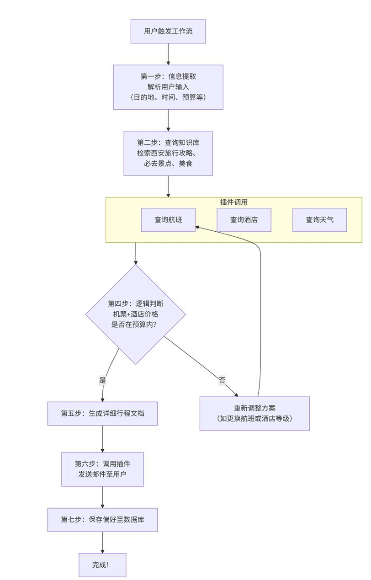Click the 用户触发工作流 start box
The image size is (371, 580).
[x=168, y=32]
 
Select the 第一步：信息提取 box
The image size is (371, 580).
[x=168, y=87]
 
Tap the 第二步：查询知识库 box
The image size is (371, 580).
[x=168, y=153]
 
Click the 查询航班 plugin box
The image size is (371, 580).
[x=168, y=220]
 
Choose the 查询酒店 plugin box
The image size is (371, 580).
[x=244, y=220]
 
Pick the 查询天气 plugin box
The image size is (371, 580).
[x=319, y=220]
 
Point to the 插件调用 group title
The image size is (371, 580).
[x=233, y=202]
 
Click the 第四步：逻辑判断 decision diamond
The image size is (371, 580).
[x=135, y=314]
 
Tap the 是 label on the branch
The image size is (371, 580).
[x=102, y=380]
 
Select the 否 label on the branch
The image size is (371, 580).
[x=222, y=380]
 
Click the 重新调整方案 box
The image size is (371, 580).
[x=254, y=413]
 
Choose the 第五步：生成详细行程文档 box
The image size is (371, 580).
[x=102, y=413]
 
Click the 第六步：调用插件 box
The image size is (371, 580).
[x=102, y=469]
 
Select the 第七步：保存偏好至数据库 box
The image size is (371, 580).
[x=102, y=519]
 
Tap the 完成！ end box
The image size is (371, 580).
[x=102, y=565]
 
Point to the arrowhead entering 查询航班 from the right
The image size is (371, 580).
[x=198, y=226]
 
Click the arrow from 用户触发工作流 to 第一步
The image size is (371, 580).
[x=168, y=54]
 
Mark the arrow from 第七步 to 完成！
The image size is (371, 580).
[x=102, y=543]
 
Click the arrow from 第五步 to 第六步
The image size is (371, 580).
[x=102, y=439]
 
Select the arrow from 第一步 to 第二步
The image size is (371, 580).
[x=168, y=120]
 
